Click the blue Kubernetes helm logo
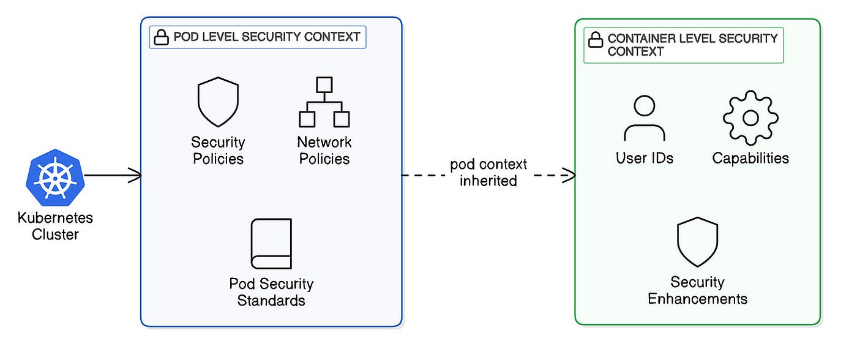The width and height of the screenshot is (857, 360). (x=55, y=178)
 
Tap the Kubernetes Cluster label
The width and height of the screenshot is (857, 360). (x=55, y=226)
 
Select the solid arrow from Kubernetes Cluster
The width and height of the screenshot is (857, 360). (x=113, y=175)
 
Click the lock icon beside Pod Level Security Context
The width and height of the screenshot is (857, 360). (x=161, y=37)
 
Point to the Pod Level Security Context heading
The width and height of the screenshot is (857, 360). (x=267, y=37)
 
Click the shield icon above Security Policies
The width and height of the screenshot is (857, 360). (x=218, y=102)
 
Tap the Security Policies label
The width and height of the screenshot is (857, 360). (x=218, y=151)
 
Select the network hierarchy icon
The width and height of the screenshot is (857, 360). (x=324, y=102)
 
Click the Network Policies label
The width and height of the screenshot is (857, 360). (x=324, y=151)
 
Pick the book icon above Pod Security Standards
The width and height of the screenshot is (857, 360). (x=271, y=244)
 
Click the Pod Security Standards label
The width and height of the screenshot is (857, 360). (x=271, y=292)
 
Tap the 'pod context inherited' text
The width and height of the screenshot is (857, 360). (x=488, y=172)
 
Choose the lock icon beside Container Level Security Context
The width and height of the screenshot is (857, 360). (x=595, y=39)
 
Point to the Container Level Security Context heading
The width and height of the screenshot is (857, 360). (x=692, y=45)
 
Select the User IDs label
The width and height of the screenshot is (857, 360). (x=645, y=158)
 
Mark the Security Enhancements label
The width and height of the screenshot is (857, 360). (x=697, y=290)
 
